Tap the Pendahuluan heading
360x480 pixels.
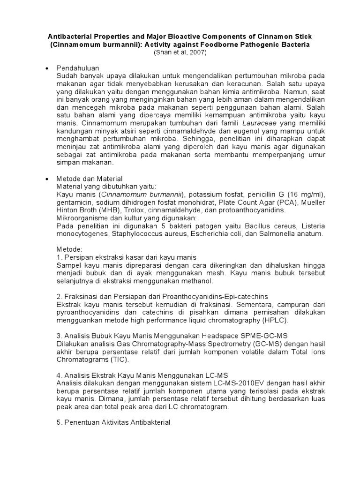(77, 68)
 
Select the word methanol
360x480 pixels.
(197, 281)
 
